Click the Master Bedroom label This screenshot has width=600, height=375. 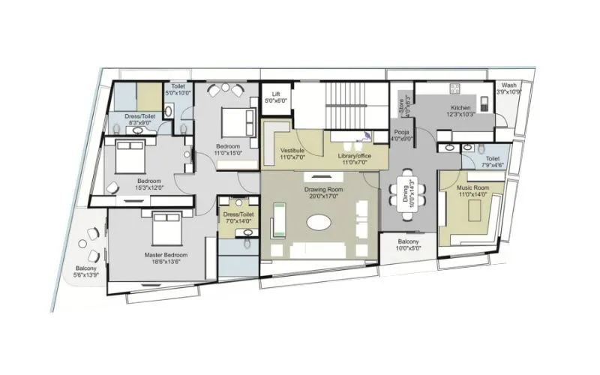pyautogui.click(x=165, y=255)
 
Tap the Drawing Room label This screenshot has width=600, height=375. pyautogui.click(x=323, y=190)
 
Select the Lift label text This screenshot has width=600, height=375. pyautogui.click(x=274, y=94)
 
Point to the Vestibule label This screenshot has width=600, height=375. pyautogui.click(x=292, y=150)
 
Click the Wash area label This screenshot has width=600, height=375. pyautogui.click(x=509, y=85)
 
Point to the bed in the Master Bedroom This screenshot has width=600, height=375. pyautogui.click(x=165, y=229)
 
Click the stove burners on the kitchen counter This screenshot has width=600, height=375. pyautogui.click(x=454, y=88)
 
